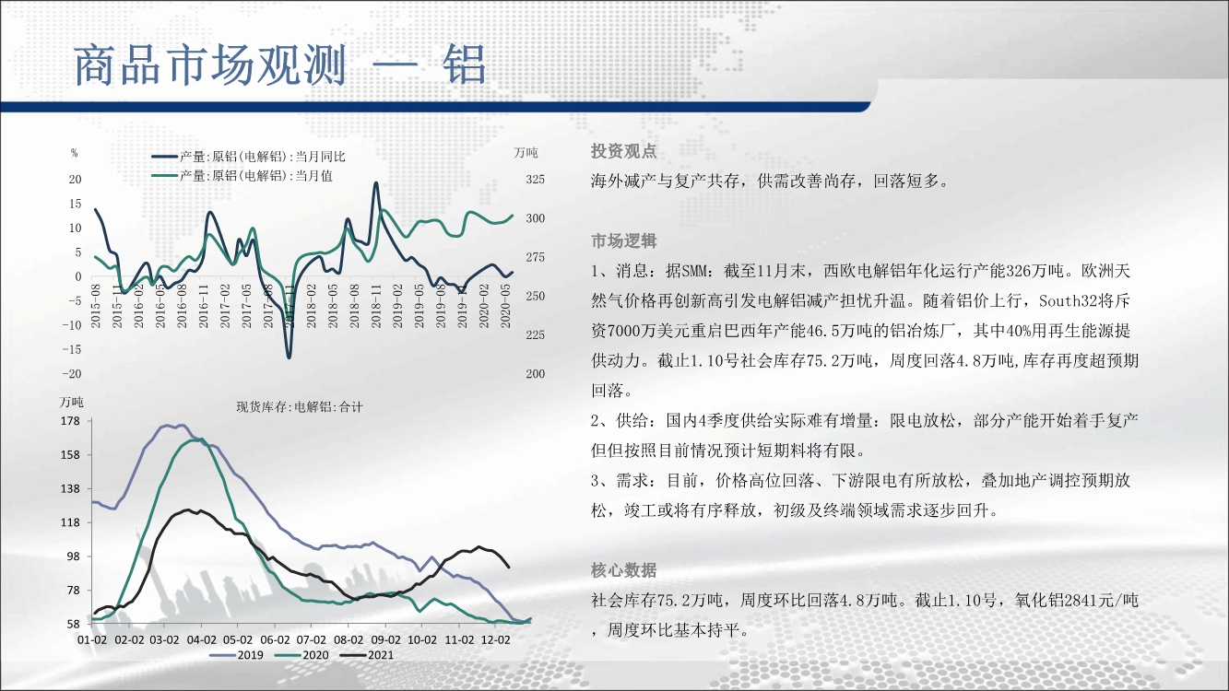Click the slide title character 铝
point(466,65)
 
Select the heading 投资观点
point(624,151)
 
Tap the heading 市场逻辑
point(624,240)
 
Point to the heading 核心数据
point(624,570)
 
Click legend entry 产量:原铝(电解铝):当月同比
point(249,157)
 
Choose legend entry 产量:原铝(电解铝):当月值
point(242,176)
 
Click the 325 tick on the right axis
point(535,180)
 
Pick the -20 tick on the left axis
point(71,374)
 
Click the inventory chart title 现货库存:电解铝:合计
point(300,407)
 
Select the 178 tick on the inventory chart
point(70,421)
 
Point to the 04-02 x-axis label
point(201,639)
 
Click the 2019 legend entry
point(236,655)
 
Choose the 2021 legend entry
point(367,655)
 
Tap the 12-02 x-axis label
point(495,639)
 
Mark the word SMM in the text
point(694,271)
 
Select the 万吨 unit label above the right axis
point(526,153)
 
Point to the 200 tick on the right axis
point(535,374)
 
